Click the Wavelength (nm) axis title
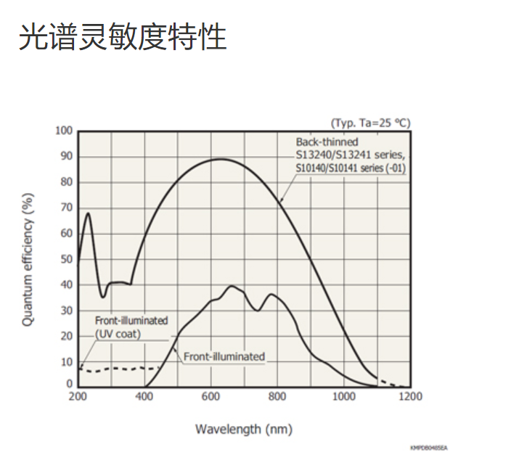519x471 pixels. (x=243, y=429)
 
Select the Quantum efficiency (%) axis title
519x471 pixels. (x=28, y=259)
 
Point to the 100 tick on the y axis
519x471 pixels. (x=65, y=131)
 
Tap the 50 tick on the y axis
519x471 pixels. (x=67, y=259)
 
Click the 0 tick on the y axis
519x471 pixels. (x=70, y=384)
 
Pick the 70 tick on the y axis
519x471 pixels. (x=67, y=208)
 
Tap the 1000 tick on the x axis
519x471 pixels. (x=343, y=396)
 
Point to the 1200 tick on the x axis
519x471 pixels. (x=410, y=396)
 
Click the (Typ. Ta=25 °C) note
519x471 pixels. (x=370, y=123)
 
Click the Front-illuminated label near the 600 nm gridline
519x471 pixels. (x=224, y=356)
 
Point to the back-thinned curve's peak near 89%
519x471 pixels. (x=220, y=159)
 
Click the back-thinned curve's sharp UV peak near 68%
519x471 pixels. (x=88, y=213)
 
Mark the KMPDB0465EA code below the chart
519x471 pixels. (x=428, y=449)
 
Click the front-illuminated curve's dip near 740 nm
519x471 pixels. (x=257, y=311)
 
